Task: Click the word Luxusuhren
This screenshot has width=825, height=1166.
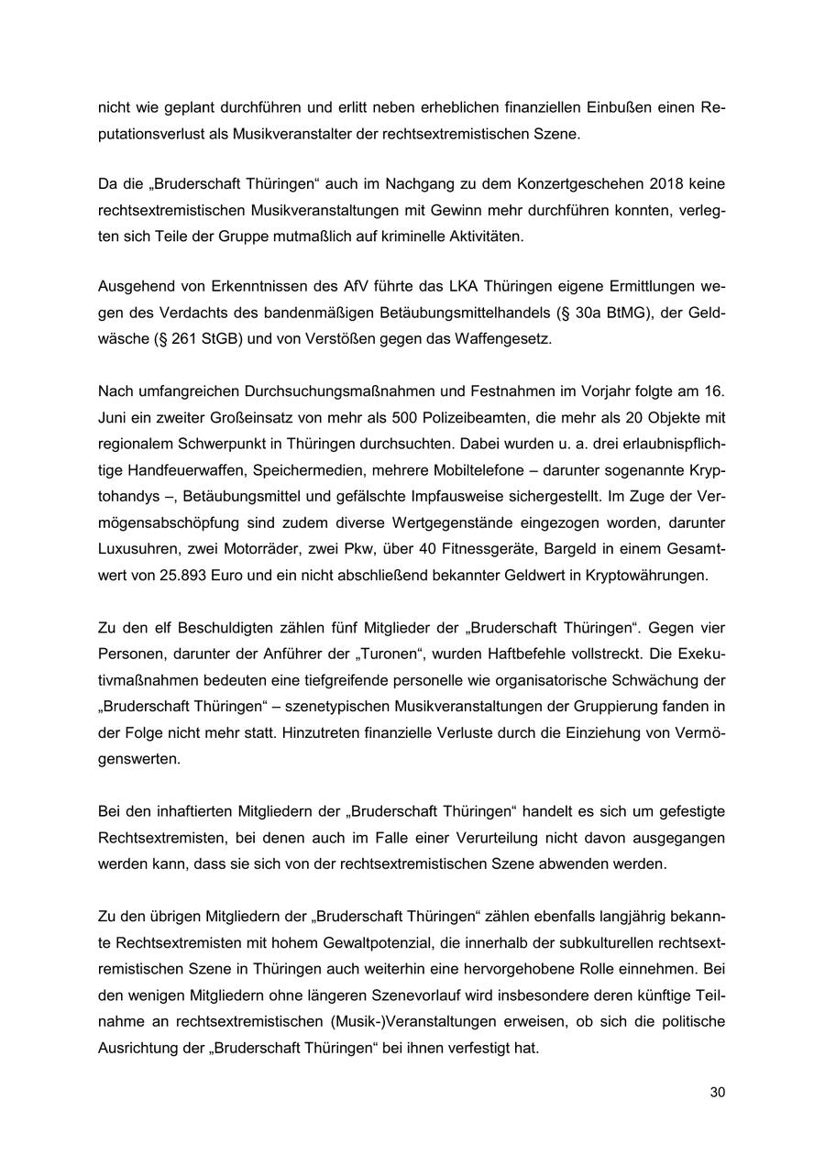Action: coord(137,549)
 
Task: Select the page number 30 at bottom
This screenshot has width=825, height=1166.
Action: coord(717,1093)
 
